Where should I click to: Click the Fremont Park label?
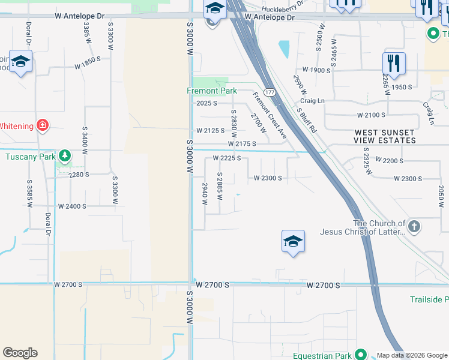[211, 91]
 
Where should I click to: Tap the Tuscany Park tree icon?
[65, 157]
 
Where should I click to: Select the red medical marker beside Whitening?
[43, 125]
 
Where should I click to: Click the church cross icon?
[414, 226]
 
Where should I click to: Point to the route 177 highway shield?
[270, 92]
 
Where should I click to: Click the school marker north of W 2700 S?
[293, 242]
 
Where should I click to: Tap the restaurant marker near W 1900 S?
[394, 63]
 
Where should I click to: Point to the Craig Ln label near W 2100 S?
[312, 101]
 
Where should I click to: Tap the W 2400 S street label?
[72, 206]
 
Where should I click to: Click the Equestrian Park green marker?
[360, 355]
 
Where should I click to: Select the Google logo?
[20, 353]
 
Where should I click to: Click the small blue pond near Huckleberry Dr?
[283, 47]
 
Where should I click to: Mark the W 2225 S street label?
[227, 158]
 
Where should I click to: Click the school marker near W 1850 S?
[21, 62]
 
